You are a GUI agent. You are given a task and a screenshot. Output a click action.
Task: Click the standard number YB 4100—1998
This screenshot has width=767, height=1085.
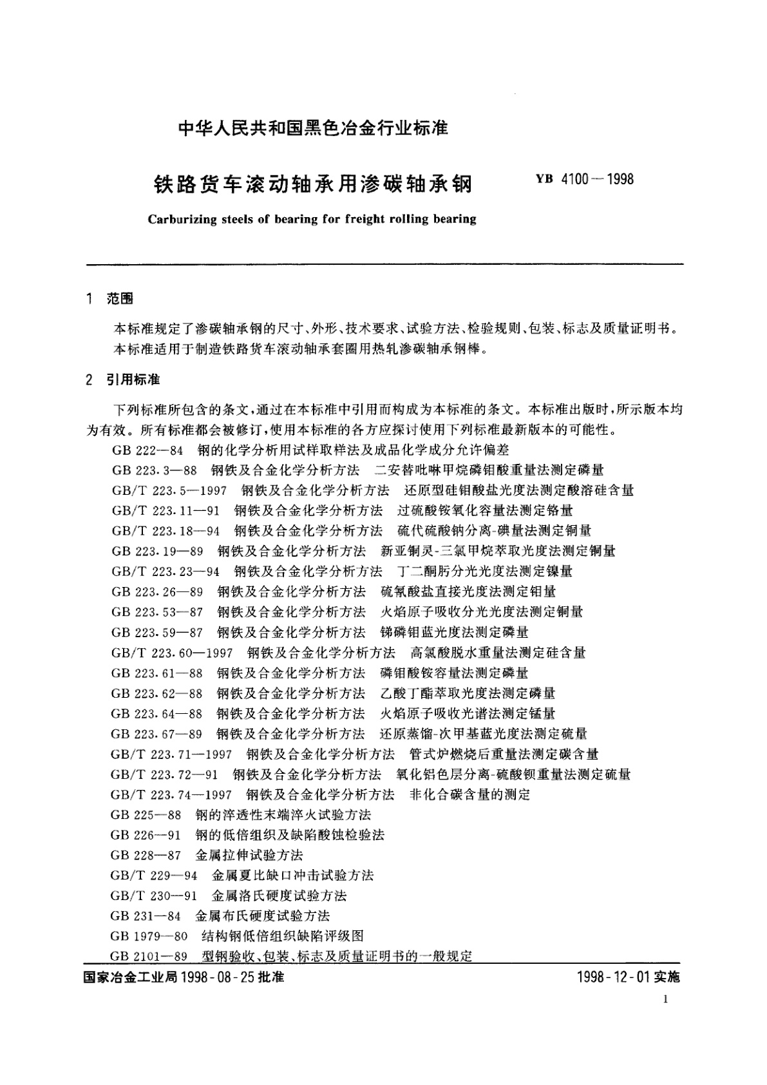[x=584, y=179]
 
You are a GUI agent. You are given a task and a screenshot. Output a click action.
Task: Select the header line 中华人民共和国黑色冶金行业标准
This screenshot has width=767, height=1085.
[x=312, y=128]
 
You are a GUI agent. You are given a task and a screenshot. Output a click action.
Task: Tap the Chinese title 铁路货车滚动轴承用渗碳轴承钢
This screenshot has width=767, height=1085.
[x=312, y=184]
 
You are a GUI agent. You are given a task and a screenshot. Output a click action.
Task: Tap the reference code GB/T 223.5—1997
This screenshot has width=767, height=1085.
[x=169, y=490]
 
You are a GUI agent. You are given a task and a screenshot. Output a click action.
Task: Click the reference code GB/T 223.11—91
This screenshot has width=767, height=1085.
[x=166, y=510]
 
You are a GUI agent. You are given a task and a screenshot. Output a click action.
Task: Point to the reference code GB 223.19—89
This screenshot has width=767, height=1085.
[x=157, y=551]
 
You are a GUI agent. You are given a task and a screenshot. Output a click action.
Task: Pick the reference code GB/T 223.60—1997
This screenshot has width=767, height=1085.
[x=172, y=653]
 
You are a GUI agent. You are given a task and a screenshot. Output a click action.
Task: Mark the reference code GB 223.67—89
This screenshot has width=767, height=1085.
[x=156, y=734]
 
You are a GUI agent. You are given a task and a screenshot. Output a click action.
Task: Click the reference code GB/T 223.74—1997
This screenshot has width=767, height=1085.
[x=171, y=794]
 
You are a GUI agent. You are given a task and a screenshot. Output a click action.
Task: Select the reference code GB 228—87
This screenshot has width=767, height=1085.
[x=147, y=856]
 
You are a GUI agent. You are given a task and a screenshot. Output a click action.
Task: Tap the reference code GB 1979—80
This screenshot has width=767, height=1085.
[x=149, y=936]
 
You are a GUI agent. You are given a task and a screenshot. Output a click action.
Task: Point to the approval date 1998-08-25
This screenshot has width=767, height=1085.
[x=218, y=977]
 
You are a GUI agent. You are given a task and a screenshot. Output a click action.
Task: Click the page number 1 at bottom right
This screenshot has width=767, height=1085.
[x=666, y=999]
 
